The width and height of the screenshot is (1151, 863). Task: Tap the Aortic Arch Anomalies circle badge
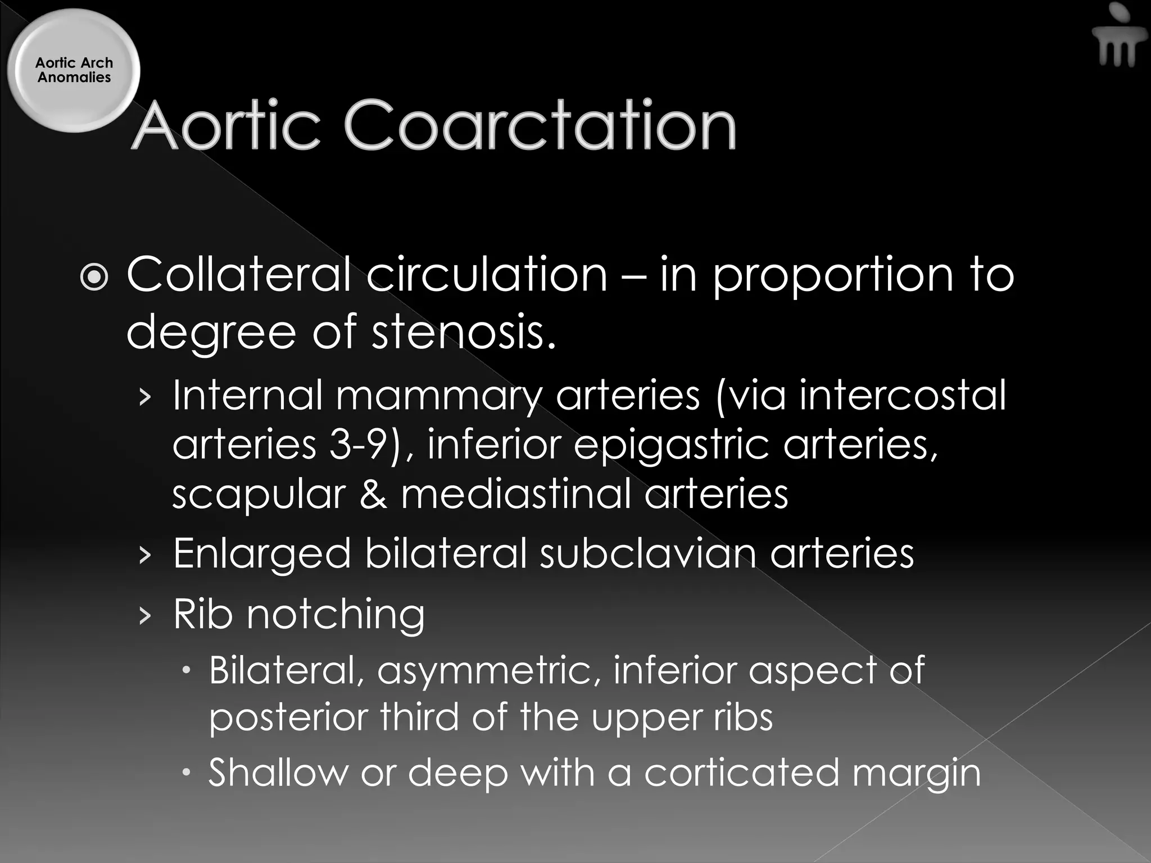tap(74, 71)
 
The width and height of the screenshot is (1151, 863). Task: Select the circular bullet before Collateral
tap(93, 276)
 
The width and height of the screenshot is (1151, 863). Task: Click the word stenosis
tap(464, 331)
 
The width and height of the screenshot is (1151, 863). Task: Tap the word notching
tap(336, 614)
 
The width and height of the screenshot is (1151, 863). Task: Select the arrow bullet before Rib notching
tap(145, 616)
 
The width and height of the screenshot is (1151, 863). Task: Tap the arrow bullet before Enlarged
tap(145, 555)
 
